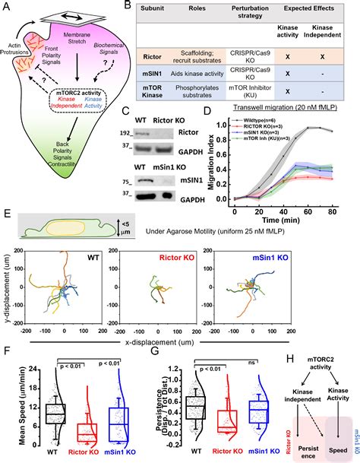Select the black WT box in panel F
click(53, 414)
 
